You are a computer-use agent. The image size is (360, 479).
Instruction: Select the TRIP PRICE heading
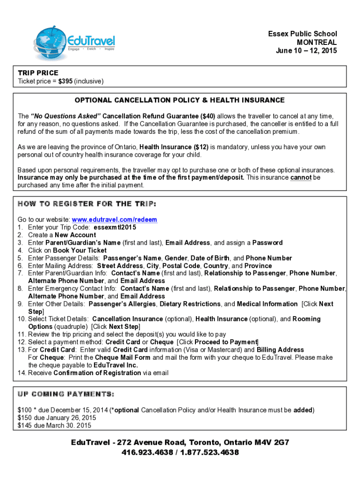[x=38, y=73]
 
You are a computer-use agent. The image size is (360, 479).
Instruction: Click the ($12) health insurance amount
[x=202, y=147]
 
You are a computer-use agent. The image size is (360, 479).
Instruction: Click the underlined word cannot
[x=301, y=178]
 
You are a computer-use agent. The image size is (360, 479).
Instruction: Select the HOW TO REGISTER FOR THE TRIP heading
[x=87, y=204]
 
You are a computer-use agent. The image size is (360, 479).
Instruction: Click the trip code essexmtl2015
[x=115, y=227]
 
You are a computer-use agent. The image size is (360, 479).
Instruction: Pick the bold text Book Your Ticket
[x=80, y=250]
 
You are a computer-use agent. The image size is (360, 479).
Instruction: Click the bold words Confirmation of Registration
[x=97, y=373]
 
